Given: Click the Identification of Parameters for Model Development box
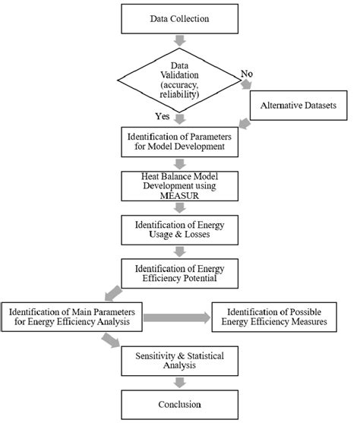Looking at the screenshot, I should (x=180, y=140).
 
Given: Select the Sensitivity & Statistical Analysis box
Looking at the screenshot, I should (x=180, y=358).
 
